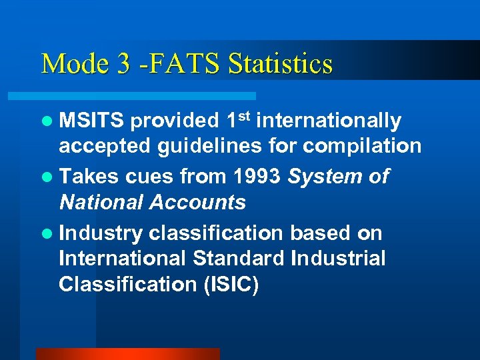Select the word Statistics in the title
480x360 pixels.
pos(280,64)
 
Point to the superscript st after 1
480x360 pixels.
pos(245,116)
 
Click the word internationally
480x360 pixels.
pos(329,121)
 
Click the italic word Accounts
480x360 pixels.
pos(199,202)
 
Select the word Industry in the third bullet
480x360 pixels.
pos(101,233)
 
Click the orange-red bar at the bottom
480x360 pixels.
pos(127,353)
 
